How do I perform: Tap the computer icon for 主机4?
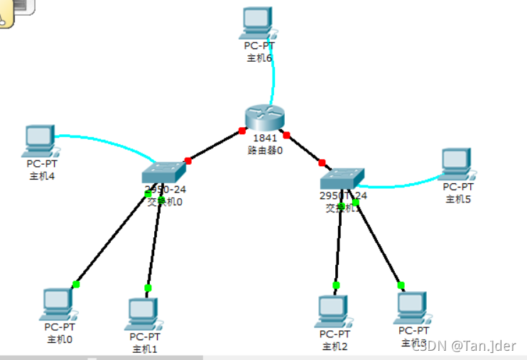coord(39,141)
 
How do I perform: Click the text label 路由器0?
coord(265,150)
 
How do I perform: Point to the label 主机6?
coord(259,58)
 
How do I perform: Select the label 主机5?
coord(458,199)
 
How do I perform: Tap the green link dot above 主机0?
coord(76,285)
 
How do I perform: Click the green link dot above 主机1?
coord(148,288)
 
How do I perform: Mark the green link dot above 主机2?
coord(336,285)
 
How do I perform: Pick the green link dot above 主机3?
coord(401,285)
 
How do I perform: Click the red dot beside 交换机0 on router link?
coord(188,160)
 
